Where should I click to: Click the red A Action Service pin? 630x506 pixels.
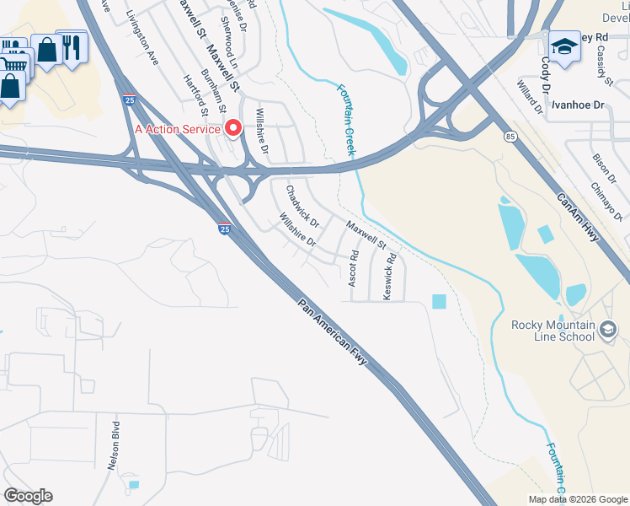[232, 128]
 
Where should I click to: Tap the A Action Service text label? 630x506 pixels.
[177, 129]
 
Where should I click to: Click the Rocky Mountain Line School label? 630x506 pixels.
[553, 331]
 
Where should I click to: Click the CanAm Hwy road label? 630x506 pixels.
[577, 218]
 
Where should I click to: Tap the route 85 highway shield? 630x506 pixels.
[510, 136]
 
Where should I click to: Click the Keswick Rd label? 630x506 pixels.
[391, 277]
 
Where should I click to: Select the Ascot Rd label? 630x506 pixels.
[354, 268]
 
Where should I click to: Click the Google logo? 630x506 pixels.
[28, 495]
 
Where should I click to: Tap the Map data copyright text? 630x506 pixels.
[578, 499]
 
